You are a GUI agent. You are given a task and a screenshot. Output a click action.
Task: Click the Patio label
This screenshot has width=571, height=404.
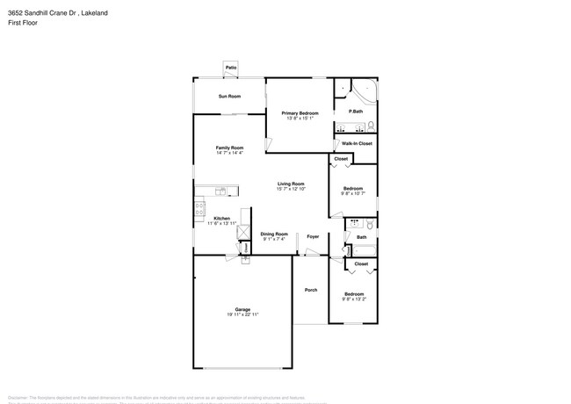pyautogui.click(x=231, y=68)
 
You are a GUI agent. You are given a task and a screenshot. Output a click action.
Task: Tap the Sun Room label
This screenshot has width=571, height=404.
pyautogui.click(x=229, y=96)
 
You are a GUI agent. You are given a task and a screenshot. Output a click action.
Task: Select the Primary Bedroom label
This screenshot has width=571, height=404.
pyautogui.click(x=300, y=113)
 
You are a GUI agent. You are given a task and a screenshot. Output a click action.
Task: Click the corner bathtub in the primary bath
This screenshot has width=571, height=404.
pyautogui.click(x=365, y=91)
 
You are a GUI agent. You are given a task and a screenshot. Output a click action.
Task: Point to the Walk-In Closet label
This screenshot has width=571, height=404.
pyautogui.click(x=357, y=143)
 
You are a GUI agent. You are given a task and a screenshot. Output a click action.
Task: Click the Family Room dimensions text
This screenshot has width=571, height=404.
pyautogui.click(x=229, y=153)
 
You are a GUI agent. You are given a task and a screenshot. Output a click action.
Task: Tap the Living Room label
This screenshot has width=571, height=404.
pyautogui.click(x=291, y=184)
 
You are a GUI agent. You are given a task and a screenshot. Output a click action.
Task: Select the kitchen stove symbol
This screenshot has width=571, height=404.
pyautogui.click(x=199, y=209)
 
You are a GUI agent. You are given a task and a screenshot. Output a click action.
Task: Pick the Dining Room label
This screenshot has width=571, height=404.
pyautogui.click(x=274, y=233)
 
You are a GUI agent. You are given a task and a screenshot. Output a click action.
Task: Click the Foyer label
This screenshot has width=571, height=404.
pyautogui.click(x=312, y=236)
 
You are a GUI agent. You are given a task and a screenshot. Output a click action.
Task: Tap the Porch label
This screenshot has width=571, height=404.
pyautogui.click(x=311, y=290)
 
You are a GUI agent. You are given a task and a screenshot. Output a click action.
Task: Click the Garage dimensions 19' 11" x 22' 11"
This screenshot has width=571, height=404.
pyautogui.click(x=242, y=314)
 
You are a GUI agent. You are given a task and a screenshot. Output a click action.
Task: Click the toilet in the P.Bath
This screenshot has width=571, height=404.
pyautogui.click(x=371, y=123)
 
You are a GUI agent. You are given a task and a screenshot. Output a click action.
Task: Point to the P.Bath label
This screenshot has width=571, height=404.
pyautogui.click(x=356, y=112)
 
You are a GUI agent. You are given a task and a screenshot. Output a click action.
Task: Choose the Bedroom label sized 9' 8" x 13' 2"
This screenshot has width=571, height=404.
pyautogui.click(x=353, y=293)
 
